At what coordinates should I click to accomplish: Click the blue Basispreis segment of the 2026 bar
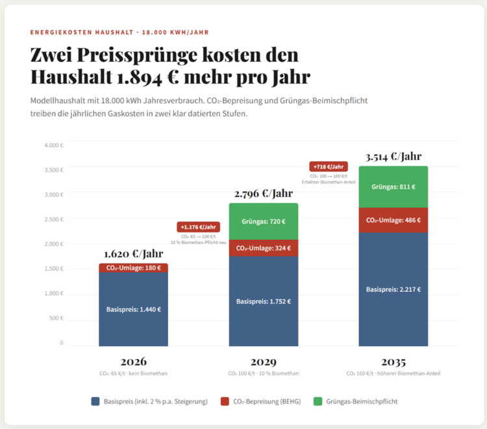click(133, 309)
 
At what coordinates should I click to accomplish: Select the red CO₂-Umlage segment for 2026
click(133, 268)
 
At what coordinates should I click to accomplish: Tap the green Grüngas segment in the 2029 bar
click(263, 221)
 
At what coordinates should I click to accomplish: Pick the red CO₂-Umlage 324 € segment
click(263, 248)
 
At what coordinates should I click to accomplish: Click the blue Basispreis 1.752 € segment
click(263, 301)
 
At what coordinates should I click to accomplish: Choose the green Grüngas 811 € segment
click(393, 187)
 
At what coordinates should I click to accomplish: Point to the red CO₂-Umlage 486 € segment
click(393, 220)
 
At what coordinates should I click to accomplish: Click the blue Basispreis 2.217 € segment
click(393, 289)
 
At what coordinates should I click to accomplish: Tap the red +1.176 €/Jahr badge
click(198, 227)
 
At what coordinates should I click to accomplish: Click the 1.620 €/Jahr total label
click(133, 253)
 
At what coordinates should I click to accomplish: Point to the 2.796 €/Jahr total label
click(263, 193)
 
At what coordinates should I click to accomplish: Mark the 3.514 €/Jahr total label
click(393, 156)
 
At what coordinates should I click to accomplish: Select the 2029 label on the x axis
click(263, 361)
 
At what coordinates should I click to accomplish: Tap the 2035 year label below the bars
click(393, 361)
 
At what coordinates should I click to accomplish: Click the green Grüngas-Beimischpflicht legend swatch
click(318, 401)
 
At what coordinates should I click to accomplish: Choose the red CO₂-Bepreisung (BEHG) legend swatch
click(225, 401)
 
